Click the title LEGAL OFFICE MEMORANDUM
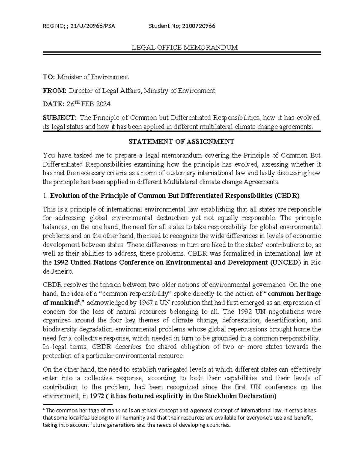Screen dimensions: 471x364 184,47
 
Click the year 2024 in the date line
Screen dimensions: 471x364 103,104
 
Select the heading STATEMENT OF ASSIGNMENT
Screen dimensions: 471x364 181,142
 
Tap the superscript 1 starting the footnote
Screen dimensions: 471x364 44,409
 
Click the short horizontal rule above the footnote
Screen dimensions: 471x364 78,405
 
